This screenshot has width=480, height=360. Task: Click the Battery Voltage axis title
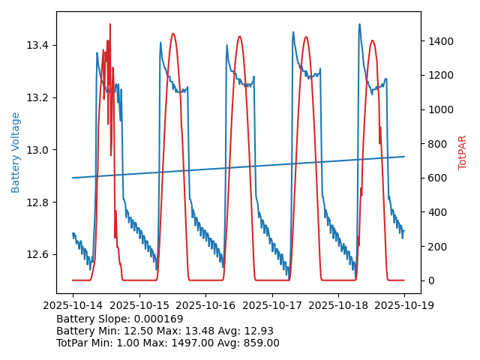tap(16, 152)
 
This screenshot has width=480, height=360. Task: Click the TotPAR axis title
tap(463, 152)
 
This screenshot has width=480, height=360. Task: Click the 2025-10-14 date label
tap(73, 305)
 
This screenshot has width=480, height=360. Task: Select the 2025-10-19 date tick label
tap(404, 305)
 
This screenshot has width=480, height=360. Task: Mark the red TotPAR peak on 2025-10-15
tap(173, 34)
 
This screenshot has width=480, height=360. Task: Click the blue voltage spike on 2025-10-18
tap(359, 25)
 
